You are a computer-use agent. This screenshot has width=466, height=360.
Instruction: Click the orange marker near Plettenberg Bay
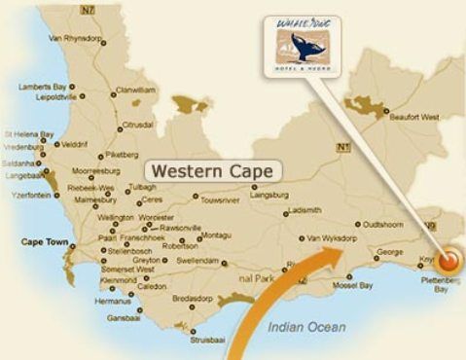(x=448, y=260)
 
